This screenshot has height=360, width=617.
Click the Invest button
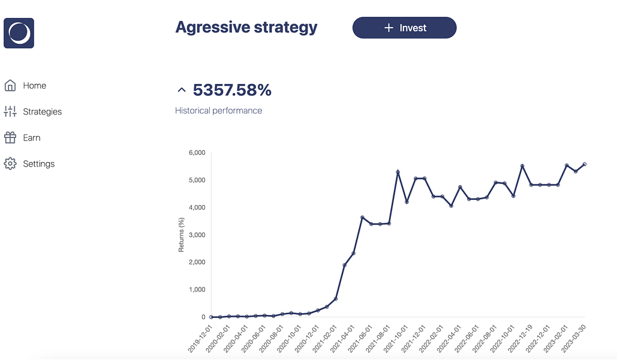404,28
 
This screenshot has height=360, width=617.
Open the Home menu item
34,86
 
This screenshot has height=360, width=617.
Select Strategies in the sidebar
42,112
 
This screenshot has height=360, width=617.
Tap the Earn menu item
31,138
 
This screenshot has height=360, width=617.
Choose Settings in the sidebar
38,164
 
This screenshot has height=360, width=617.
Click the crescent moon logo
19,33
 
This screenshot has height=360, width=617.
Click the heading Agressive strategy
246,28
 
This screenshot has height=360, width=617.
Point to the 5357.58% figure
232,91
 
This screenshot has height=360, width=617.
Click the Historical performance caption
218,110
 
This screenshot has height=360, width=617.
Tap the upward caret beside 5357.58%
182,91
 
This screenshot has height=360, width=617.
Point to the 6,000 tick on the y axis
196,153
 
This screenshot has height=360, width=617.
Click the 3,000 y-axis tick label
196,235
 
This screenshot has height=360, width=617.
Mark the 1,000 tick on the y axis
196,290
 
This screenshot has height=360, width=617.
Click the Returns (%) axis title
182,235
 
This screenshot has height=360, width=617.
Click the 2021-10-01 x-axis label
397,339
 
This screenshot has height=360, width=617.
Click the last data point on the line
585,164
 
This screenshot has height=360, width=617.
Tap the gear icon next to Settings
10,164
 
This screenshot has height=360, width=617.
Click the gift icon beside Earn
10,138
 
